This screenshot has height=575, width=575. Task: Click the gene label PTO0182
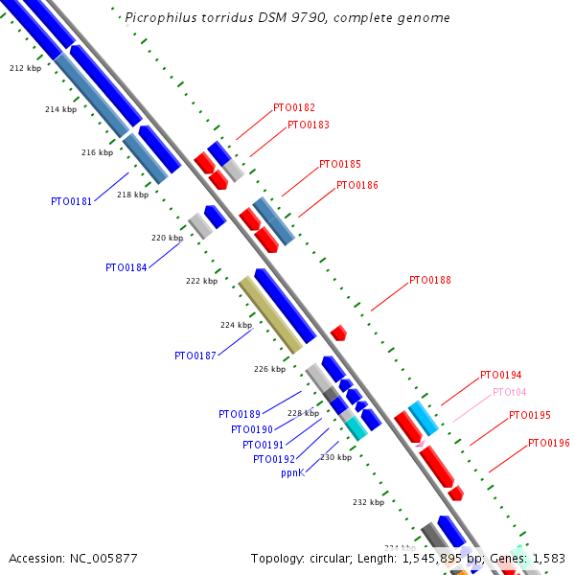pos(293,108)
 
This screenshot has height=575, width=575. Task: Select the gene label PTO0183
pos(308,125)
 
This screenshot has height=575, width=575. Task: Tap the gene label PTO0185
pos(339,165)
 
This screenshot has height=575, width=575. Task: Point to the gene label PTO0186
pos(356,185)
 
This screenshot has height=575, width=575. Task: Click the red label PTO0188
pos(429,281)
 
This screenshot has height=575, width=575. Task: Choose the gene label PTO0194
pos(500,375)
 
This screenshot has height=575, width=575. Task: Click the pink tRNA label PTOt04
pos(509,392)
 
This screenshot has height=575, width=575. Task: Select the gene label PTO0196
pos(548,444)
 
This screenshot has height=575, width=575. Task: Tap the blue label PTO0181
pos(71,201)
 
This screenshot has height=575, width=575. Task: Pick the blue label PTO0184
pos(126,267)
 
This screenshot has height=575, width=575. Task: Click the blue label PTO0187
pos(195,356)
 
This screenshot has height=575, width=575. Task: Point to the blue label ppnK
pos(292,473)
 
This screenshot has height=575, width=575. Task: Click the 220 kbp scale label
pos(167,238)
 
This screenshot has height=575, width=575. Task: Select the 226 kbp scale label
pos(269,369)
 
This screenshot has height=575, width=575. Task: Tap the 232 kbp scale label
pos(368,502)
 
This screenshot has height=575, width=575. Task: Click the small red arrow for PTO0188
pos(337,333)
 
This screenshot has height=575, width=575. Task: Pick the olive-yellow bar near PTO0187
pos(270,314)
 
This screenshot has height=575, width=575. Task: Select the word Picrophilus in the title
pos(157,18)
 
